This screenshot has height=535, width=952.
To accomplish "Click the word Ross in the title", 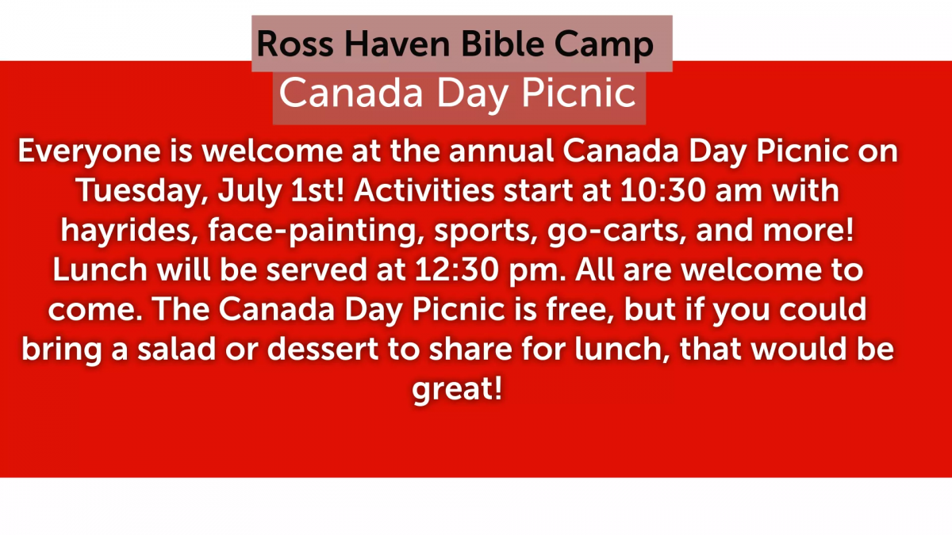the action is pyautogui.click(x=295, y=44).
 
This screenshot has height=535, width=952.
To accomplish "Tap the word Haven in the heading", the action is pyautogui.click(x=397, y=44).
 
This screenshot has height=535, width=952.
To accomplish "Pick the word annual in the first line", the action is pyautogui.click(x=501, y=151).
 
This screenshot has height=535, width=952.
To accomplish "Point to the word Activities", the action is pyautogui.click(x=424, y=190).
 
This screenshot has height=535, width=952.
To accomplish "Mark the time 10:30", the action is pyautogui.click(x=663, y=190).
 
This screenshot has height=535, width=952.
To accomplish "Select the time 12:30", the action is pyautogui.click(x=456, y=269).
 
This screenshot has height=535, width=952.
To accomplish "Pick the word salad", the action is pyautogui.click(x=177, y=349).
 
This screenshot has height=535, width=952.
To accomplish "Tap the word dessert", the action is pyautogui.click(x=323, y=350).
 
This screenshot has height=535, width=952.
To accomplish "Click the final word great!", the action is pyautogui.click(x=457, y=390).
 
